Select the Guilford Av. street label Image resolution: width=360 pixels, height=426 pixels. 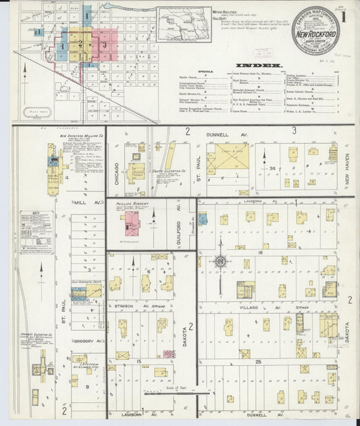179,217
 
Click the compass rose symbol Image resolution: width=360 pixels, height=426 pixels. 220,261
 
